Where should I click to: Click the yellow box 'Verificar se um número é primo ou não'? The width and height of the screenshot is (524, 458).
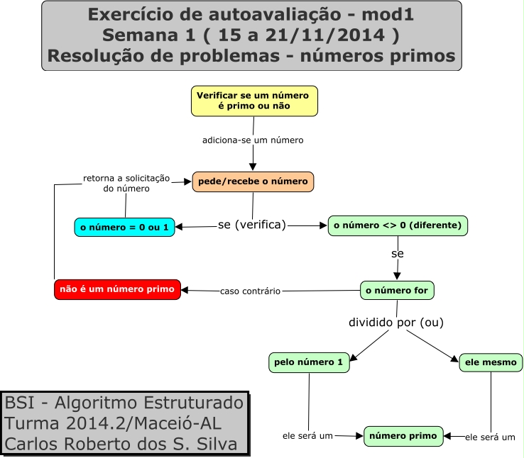click(253, 101)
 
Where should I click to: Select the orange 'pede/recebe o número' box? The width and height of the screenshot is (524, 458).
click(253, 181)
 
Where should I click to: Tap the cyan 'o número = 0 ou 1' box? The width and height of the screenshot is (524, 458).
click(124, 228)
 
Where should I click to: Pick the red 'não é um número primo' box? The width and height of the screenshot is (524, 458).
click(117, 289)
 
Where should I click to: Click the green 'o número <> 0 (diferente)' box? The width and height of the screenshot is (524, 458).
click(398, 225)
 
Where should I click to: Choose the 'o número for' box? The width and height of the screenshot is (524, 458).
click(397, 290)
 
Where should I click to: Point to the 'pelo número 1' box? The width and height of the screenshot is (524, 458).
click(309, 363)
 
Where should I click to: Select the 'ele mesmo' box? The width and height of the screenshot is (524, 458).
click(491, 363)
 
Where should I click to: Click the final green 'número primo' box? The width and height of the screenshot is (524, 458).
click(403, 436)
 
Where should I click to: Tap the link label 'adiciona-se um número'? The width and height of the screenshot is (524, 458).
click(253, 140)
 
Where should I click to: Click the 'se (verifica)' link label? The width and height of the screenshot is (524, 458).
click(252, 225)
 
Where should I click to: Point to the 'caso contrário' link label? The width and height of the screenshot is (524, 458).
click(250, 291)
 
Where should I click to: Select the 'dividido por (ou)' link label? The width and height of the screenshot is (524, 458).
click(395, 323)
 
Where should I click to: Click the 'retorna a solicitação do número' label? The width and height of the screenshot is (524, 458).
click(126, 184)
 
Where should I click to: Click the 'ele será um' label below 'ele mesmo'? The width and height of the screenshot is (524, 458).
click(490, 437)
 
